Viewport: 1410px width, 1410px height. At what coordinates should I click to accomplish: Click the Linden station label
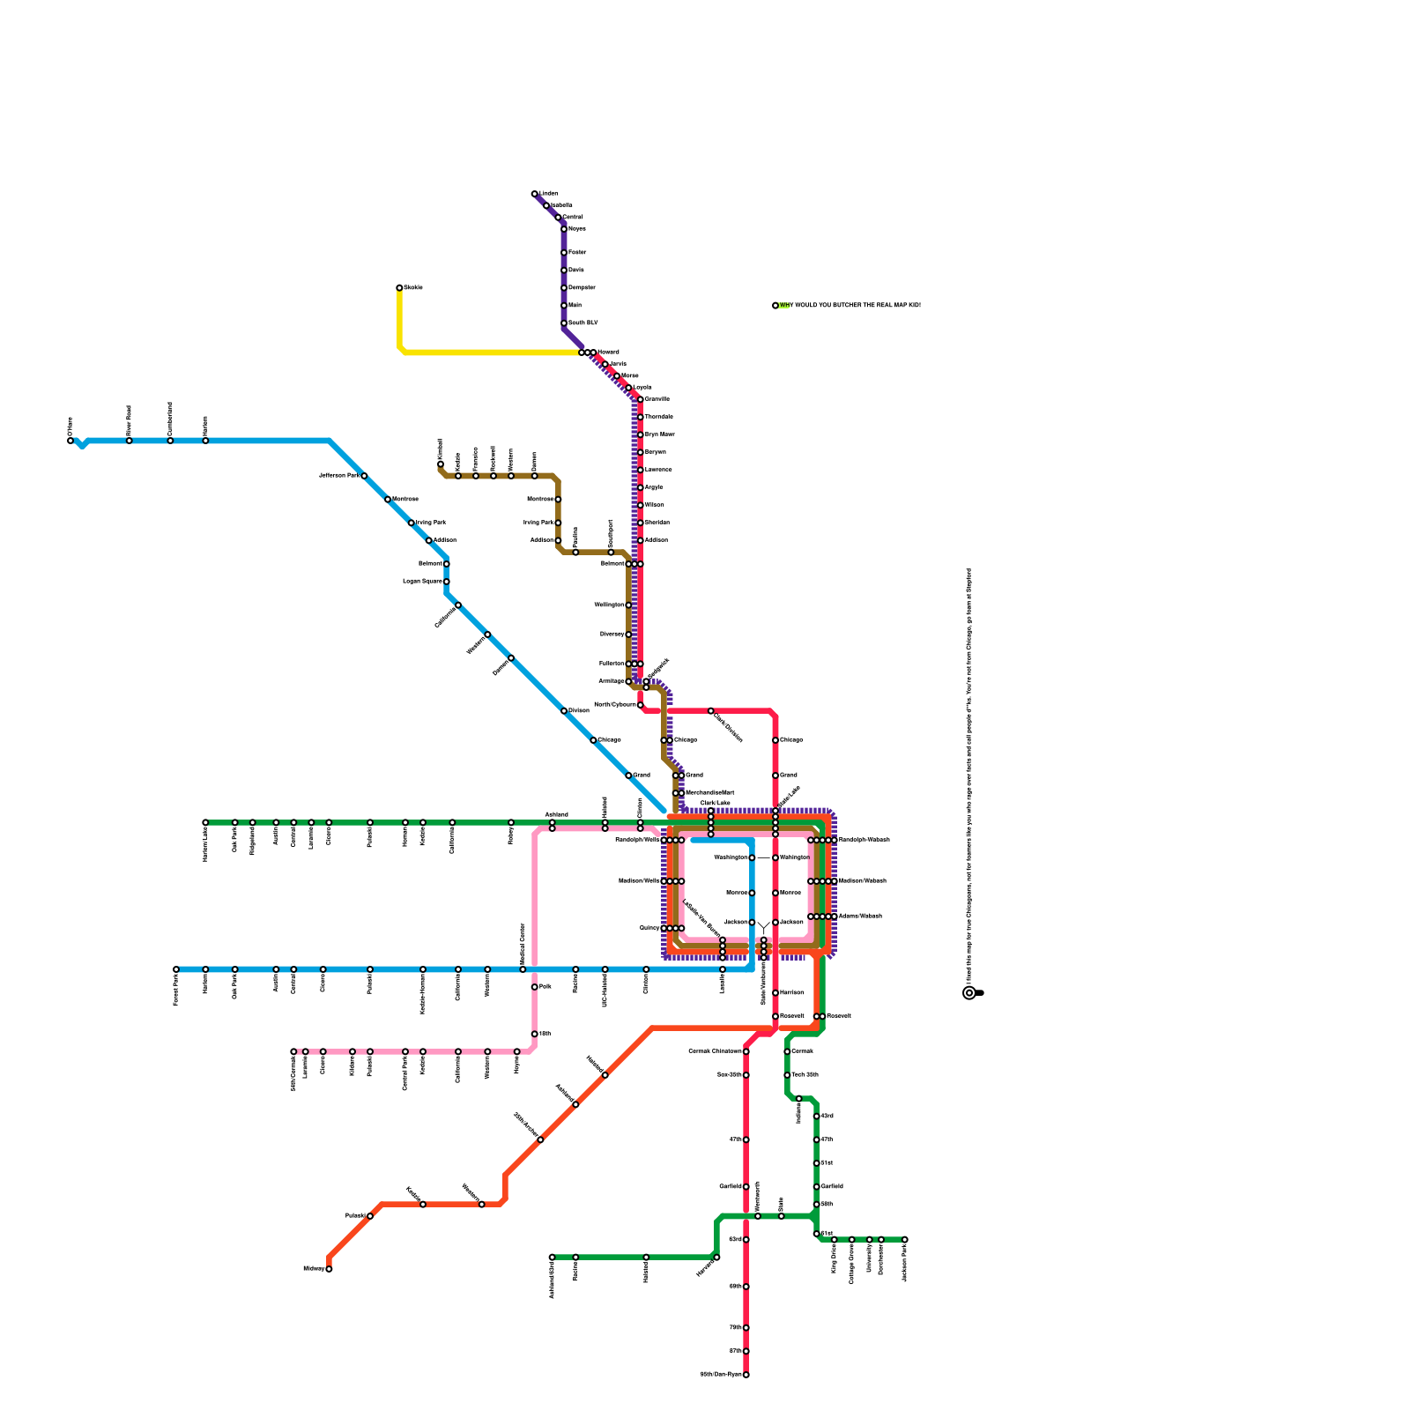[549, 194]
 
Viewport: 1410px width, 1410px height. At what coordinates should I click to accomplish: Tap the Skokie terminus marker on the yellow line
[399, 287]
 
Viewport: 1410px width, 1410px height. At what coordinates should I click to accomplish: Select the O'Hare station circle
[70, 441]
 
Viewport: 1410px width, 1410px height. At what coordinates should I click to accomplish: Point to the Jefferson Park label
[338, 476]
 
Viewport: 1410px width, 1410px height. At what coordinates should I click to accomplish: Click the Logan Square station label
[422, 582]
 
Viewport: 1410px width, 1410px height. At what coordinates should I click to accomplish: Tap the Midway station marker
[329, 1269]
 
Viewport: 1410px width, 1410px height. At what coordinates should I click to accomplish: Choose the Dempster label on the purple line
[582, 288]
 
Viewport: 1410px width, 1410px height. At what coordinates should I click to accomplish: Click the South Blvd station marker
[564, 323]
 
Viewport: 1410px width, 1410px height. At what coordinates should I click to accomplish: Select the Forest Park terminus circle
[176, 969]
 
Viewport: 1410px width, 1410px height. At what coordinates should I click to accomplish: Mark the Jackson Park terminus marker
[904, 1240]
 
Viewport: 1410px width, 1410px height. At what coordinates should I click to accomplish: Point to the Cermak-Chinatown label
[715, 1051]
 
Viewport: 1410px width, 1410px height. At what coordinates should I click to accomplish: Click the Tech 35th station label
[805, 1075]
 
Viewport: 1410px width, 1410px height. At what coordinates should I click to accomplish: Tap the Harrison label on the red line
[791, 993]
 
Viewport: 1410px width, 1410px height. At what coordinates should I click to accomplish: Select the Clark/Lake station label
[715, 803]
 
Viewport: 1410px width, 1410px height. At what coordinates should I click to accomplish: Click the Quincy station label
[649, 928]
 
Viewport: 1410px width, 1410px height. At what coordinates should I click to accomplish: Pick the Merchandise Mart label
[709, 793]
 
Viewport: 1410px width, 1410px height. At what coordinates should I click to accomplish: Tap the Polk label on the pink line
[545, 987]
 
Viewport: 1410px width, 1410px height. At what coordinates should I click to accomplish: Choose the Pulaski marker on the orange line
[370, 1216]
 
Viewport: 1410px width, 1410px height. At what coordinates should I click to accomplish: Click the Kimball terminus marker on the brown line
[441, 464]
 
